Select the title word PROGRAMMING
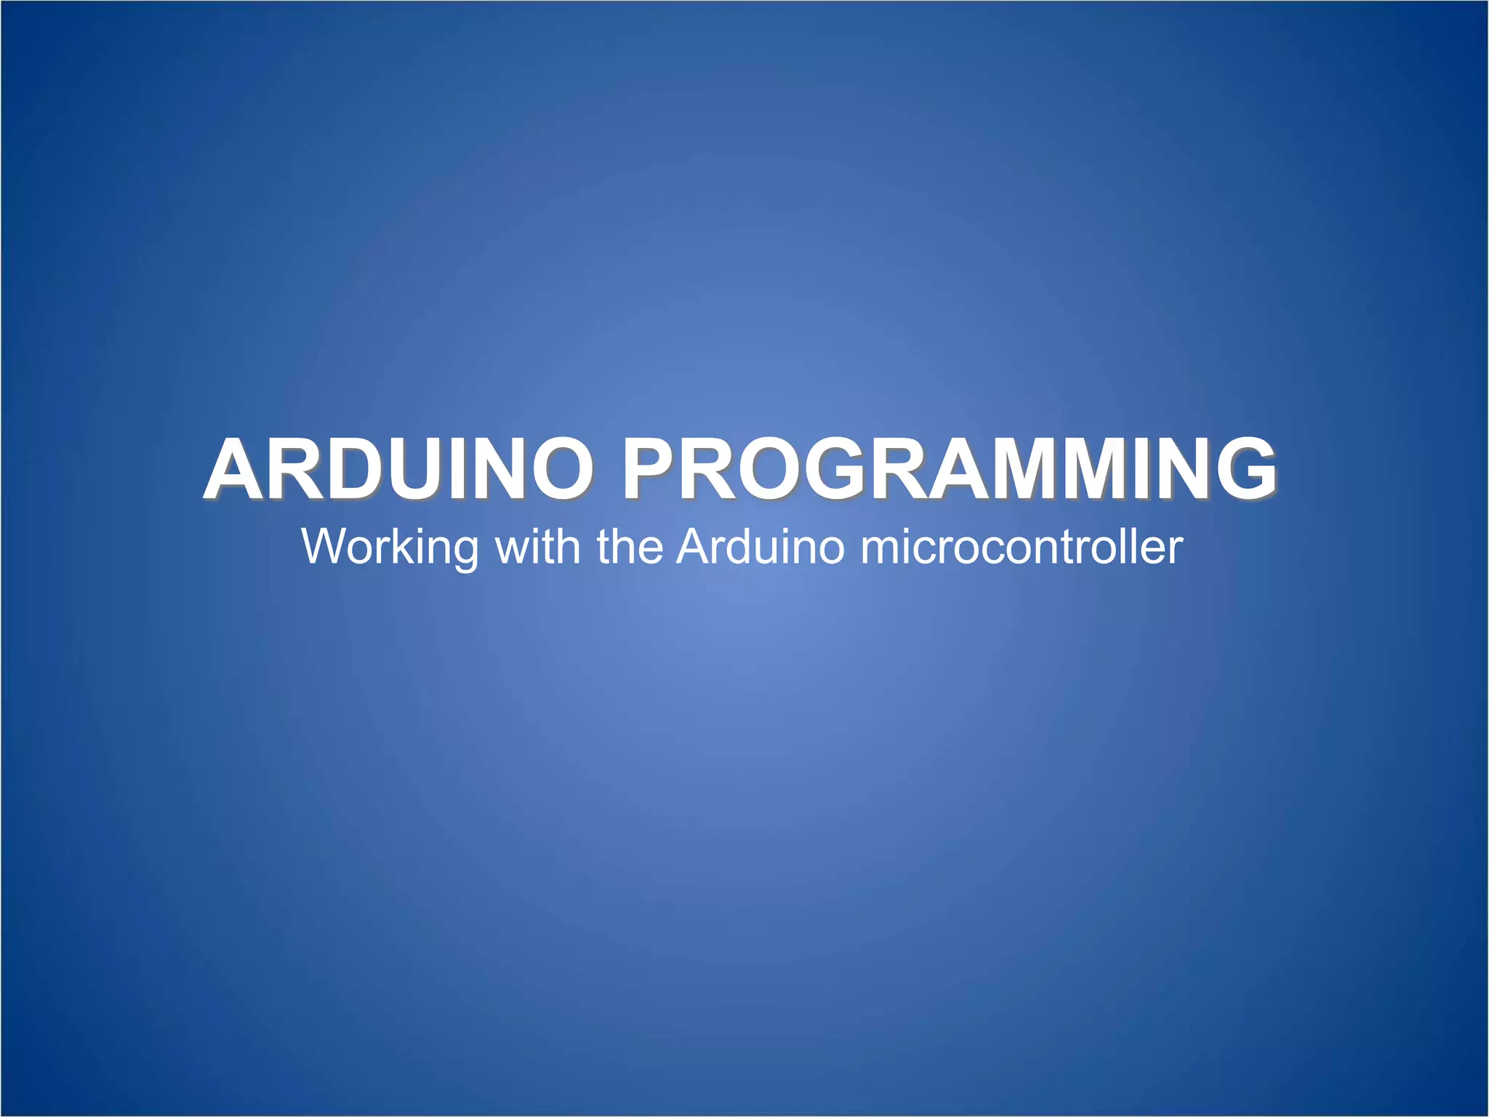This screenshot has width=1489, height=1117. coord(949,470)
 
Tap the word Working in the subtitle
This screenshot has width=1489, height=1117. coord(390,547)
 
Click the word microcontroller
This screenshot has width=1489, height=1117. coord(1022,547)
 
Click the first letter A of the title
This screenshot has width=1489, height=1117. coord(236,470)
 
